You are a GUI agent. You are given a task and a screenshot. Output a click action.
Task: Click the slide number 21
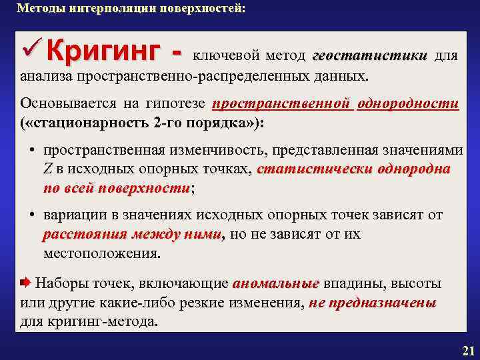click(467, 351)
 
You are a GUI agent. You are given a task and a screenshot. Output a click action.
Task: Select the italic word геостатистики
click(369, 56)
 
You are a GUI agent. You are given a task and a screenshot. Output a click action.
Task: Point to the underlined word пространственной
click(281, 105)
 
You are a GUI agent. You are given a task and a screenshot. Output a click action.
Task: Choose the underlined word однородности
click(407, 105)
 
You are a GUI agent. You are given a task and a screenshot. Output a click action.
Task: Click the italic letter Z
click(48, 170)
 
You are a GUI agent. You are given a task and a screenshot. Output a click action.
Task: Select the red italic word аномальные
click(275, 284)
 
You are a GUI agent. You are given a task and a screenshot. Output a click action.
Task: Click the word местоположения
click(101, 254)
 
